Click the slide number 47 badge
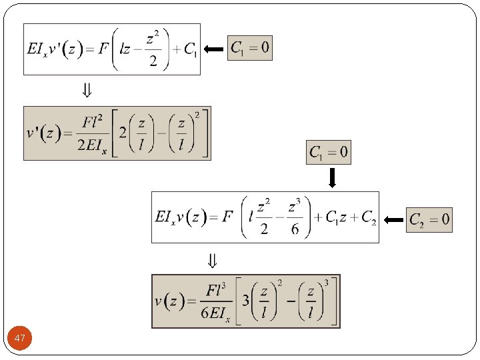click(20, 339)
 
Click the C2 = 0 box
click(429, 219)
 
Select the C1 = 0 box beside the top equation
click(250, 48)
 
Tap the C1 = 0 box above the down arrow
click(328, 153)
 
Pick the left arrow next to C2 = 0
click(395, 219)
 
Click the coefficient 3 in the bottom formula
click(246, 301)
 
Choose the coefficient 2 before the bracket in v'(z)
click(122, 132)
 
